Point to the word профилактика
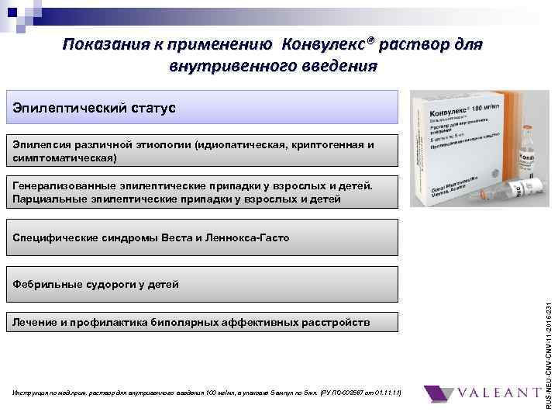pos(129,322)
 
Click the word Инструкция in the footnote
pos(32,394)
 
